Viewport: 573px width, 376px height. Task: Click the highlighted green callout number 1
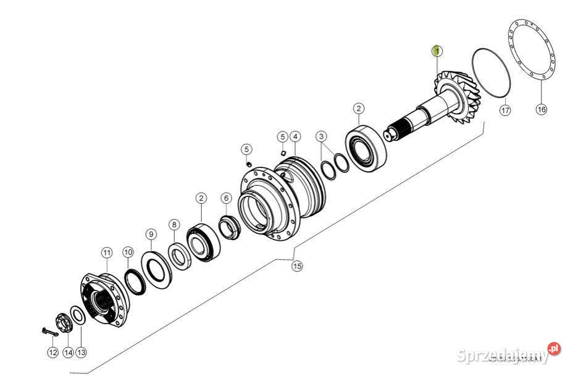click(437, 51)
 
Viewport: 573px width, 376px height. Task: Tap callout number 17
click(505, 110)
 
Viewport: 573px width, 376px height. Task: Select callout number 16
click(541, 109)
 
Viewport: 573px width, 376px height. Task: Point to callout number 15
click(298, 266)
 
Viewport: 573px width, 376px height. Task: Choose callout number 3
click(321, 136)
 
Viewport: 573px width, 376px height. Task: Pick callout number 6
click(226, 198)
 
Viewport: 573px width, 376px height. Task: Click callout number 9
click(151, 234)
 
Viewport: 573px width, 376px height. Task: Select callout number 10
click(128, 252)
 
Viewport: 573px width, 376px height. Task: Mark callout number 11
click(106, 253)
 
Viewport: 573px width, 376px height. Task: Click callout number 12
click(52, 353)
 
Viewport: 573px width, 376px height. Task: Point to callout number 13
click(82, 353)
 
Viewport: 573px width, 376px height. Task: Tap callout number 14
click(67, 353)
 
